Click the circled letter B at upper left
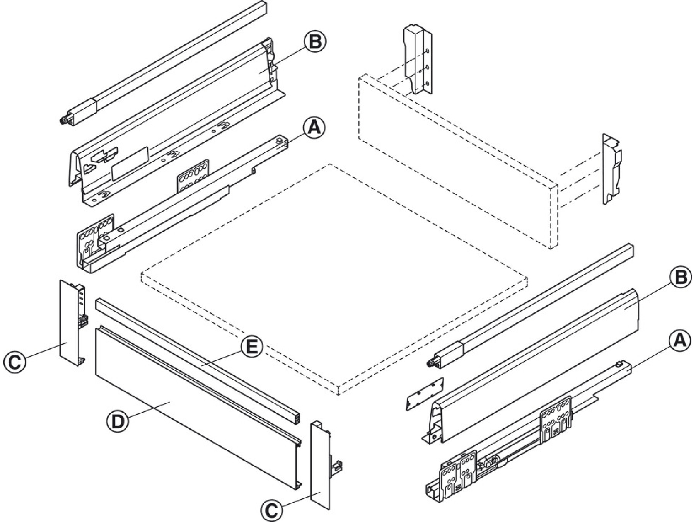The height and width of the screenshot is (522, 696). (x=315, y=42)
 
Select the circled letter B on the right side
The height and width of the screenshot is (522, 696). (x=680, y=278)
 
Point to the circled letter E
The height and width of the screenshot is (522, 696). (x=251, y=347)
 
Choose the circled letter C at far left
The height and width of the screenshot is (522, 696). (x=15, y=362)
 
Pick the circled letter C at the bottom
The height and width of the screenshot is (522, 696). (x=271, y=510)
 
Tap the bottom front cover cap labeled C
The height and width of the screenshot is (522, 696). (x=320, y=464)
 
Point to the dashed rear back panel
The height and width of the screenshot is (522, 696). (x=456, y=162)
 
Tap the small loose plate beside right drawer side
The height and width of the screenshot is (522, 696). (x=425, y=393)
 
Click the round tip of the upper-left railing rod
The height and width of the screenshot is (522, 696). (x=62, y=121)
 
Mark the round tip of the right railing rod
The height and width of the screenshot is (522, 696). (x=430, y=363)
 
